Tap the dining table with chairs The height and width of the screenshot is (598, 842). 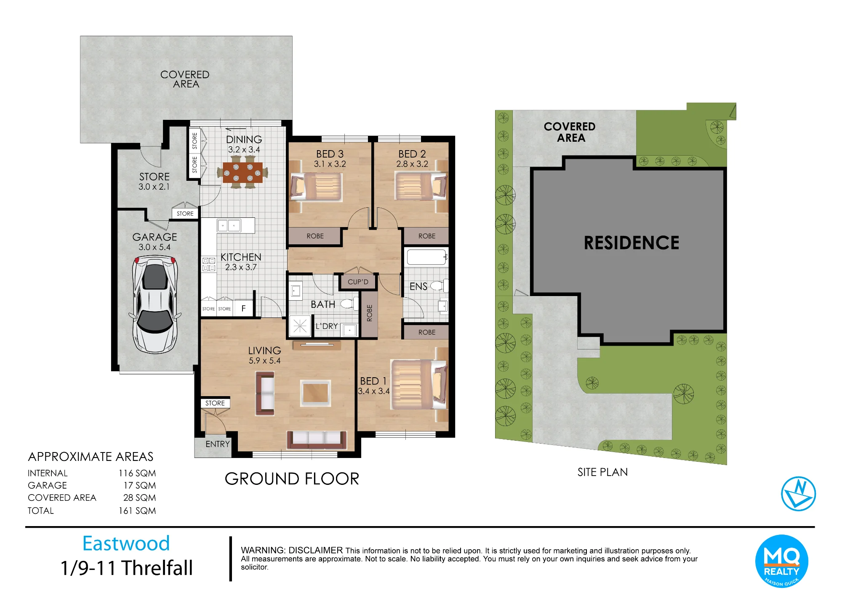pyautogui.click(x=242, y=172)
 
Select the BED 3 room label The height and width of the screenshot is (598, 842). pyautogui.click(x=330, y=154)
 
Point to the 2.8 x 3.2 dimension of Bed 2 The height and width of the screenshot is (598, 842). pyautogui.click(x=412, y=164)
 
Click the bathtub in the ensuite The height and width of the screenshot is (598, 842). pyautogui.click(x=426, y=257)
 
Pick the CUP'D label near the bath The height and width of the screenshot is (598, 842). pyautogui.click(x=358, y=282)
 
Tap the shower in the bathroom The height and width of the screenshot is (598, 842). pyautogui.click(x=300, y=326)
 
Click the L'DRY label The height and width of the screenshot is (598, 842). pyautogui.click(x=327, y=326)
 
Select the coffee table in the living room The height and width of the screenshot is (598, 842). pyautogui.click(x=315, y=393)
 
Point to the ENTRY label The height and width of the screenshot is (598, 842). pyautogui.click(x=218, y=444)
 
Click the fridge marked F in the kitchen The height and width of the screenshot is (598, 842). pyautogui.click(x=243, y=308)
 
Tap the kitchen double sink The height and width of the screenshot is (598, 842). pyautogui.click(x=229, y=225)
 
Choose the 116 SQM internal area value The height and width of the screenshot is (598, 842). pyautogui.click(x=137, y=474)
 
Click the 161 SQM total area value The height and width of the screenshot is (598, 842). pyautogui.click(x=137, y=511)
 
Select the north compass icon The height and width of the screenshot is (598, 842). pyautogui.click(x=798, y=494)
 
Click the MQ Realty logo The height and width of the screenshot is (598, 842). pyautogui.click(x=782, y=561)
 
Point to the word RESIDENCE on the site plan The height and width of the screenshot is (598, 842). pyautogui.click(x=631, y=243)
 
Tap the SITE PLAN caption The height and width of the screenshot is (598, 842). pyautogui.click(x=602, y=472)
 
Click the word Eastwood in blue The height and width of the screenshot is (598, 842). pyautogui.click(x=126, y=543)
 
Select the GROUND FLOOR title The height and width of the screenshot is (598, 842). pyautogui.click(x=292, y=479)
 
